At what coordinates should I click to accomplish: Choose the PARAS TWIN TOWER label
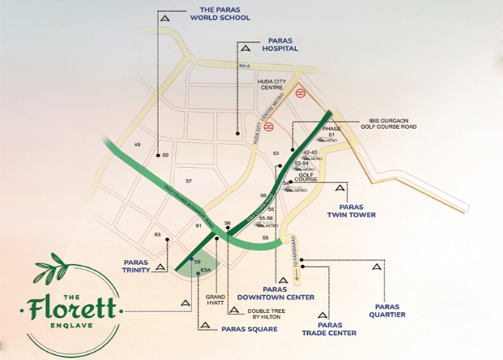[x=351, y=211]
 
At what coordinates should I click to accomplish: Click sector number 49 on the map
[x=137, y=144]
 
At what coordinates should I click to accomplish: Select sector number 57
[x=189, y=180]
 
